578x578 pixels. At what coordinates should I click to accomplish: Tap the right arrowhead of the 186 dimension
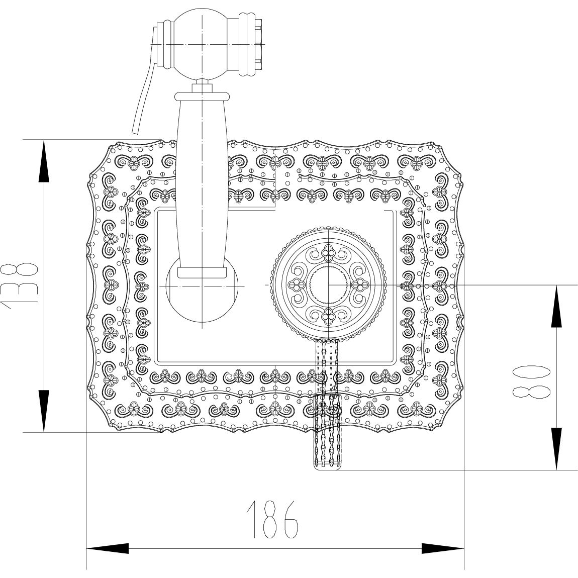(442, 548)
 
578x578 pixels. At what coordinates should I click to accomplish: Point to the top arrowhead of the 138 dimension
(44, 161)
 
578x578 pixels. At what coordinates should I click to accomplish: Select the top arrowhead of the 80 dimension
(556, 307)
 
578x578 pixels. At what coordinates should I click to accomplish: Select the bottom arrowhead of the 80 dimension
(556, 449)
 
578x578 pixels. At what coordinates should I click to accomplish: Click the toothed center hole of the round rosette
(328, 284)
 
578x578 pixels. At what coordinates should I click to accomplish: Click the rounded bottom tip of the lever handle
(327, 465)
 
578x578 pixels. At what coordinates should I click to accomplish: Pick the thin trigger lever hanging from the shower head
(143, 95)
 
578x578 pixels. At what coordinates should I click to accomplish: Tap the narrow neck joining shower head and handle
(202, 85)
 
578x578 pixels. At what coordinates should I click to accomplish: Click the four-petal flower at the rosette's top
(328, 251)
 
